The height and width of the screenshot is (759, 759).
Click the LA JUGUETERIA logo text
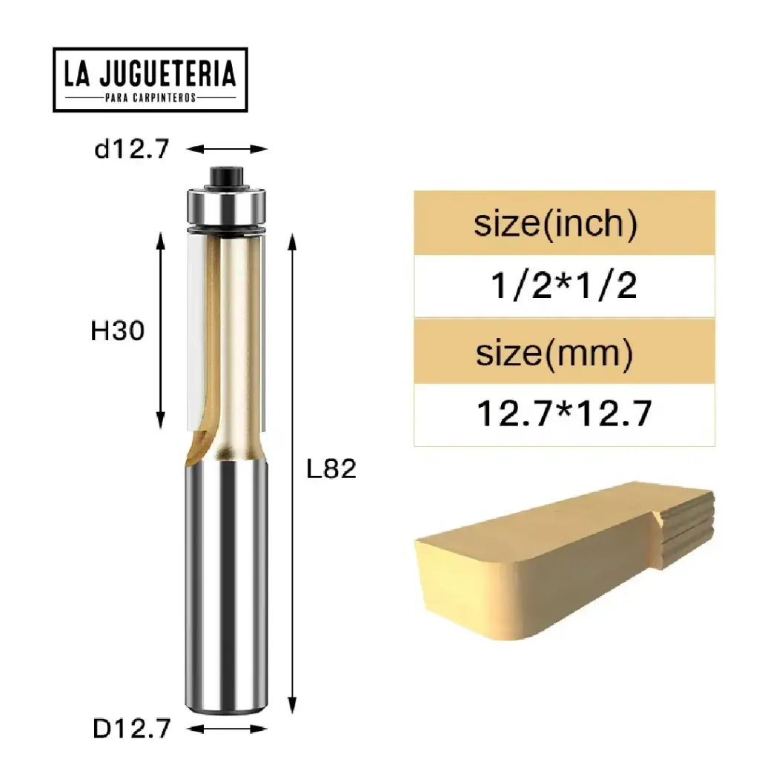tap(150, 73)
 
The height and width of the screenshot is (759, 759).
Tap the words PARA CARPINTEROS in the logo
tap(150, 98)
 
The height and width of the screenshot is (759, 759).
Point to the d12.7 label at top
tap(131, 149)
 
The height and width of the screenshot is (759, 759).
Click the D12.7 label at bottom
tap(131, 729)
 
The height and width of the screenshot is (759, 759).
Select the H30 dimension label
tap(116, 331)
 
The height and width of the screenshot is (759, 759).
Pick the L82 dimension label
tap(331, 468)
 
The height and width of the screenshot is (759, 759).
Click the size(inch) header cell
tap(564, 223)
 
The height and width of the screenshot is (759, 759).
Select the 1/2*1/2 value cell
tap(564, 286)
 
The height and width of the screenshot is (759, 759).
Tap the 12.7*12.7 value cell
tap(564, 414)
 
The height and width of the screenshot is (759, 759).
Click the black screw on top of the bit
tap(224, 176)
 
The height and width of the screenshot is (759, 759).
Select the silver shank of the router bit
tap(224, 578)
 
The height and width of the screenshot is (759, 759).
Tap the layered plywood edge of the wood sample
tap(686, 526)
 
